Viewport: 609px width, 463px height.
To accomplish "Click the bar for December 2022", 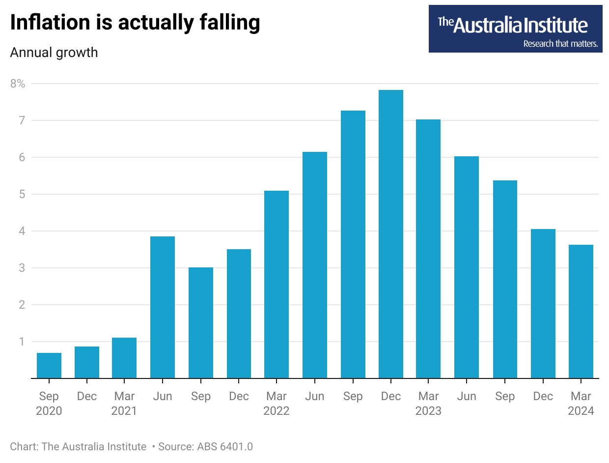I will tap(390, 234).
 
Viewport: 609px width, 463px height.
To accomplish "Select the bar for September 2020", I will tap(49, 366).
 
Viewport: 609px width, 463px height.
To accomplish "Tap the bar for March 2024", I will tap(581, 312).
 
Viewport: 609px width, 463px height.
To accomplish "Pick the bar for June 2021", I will tap(163, 307).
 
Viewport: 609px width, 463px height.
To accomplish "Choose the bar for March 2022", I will tap(277, 285).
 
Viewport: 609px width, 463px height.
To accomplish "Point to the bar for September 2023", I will tap(505, 279).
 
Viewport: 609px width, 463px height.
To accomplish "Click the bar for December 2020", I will tap(87, 362).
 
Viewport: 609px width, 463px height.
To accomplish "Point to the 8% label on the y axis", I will tap(18, 84).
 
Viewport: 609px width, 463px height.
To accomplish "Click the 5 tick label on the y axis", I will tap(21, 194).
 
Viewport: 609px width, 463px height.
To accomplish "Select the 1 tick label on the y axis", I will tap(21, 342).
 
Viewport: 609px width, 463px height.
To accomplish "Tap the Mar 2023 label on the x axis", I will tap(428, 404).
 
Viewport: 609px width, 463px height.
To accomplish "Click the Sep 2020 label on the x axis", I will tap(49, 404).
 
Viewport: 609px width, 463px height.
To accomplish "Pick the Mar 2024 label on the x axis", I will tap(581, 404).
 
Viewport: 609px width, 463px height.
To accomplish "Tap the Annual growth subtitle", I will tap(54, 53).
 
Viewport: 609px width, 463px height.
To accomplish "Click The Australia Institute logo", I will tap(515, 25).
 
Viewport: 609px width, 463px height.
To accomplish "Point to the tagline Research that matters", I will tap(560, 44).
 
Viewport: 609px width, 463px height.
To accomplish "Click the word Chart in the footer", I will tap(23, 447).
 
